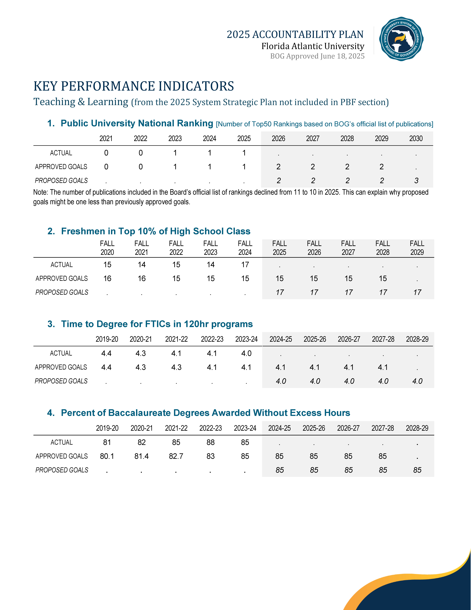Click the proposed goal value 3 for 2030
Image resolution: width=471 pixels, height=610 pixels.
pos(416,181)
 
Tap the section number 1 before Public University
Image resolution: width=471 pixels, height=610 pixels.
pos(51,123)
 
